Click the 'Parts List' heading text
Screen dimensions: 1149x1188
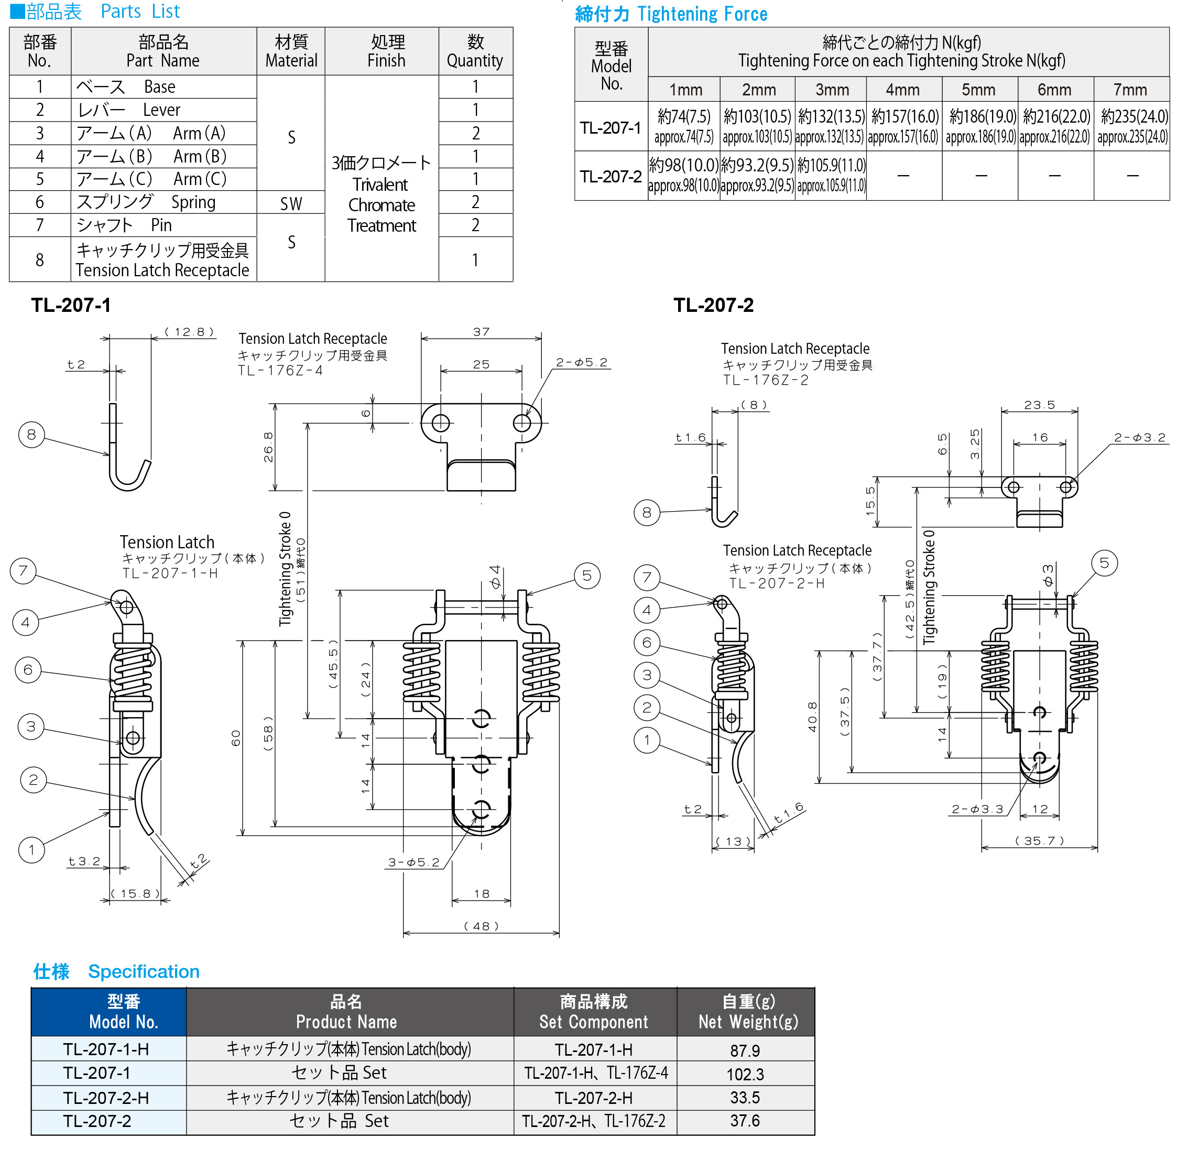(x=140, y=12)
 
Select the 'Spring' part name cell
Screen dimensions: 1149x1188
(x=163, y=202)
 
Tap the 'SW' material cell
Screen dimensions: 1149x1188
(x=291, y=204)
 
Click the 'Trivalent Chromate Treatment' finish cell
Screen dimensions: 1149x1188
(x=382, y=194)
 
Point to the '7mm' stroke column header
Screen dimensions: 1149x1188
(x=1130, y=90)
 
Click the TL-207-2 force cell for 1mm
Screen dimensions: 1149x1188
(x=684, y=175)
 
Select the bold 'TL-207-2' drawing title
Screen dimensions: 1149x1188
(x=713, y=305)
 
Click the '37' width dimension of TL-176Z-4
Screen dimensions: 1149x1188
(x=481, y=332)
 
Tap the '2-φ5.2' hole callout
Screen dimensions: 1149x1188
(x=581, y=363)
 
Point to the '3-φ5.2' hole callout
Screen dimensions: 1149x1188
(x=413, y=862)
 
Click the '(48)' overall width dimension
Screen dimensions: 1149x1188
(x=481, y=926)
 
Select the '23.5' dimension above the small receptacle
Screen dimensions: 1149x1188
(x=1040, y=405)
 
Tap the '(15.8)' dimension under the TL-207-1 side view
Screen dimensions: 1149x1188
(x=135, y=893)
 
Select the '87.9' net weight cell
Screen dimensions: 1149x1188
(x=745, y=1050)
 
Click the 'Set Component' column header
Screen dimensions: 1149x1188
(x=594, y=1012)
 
